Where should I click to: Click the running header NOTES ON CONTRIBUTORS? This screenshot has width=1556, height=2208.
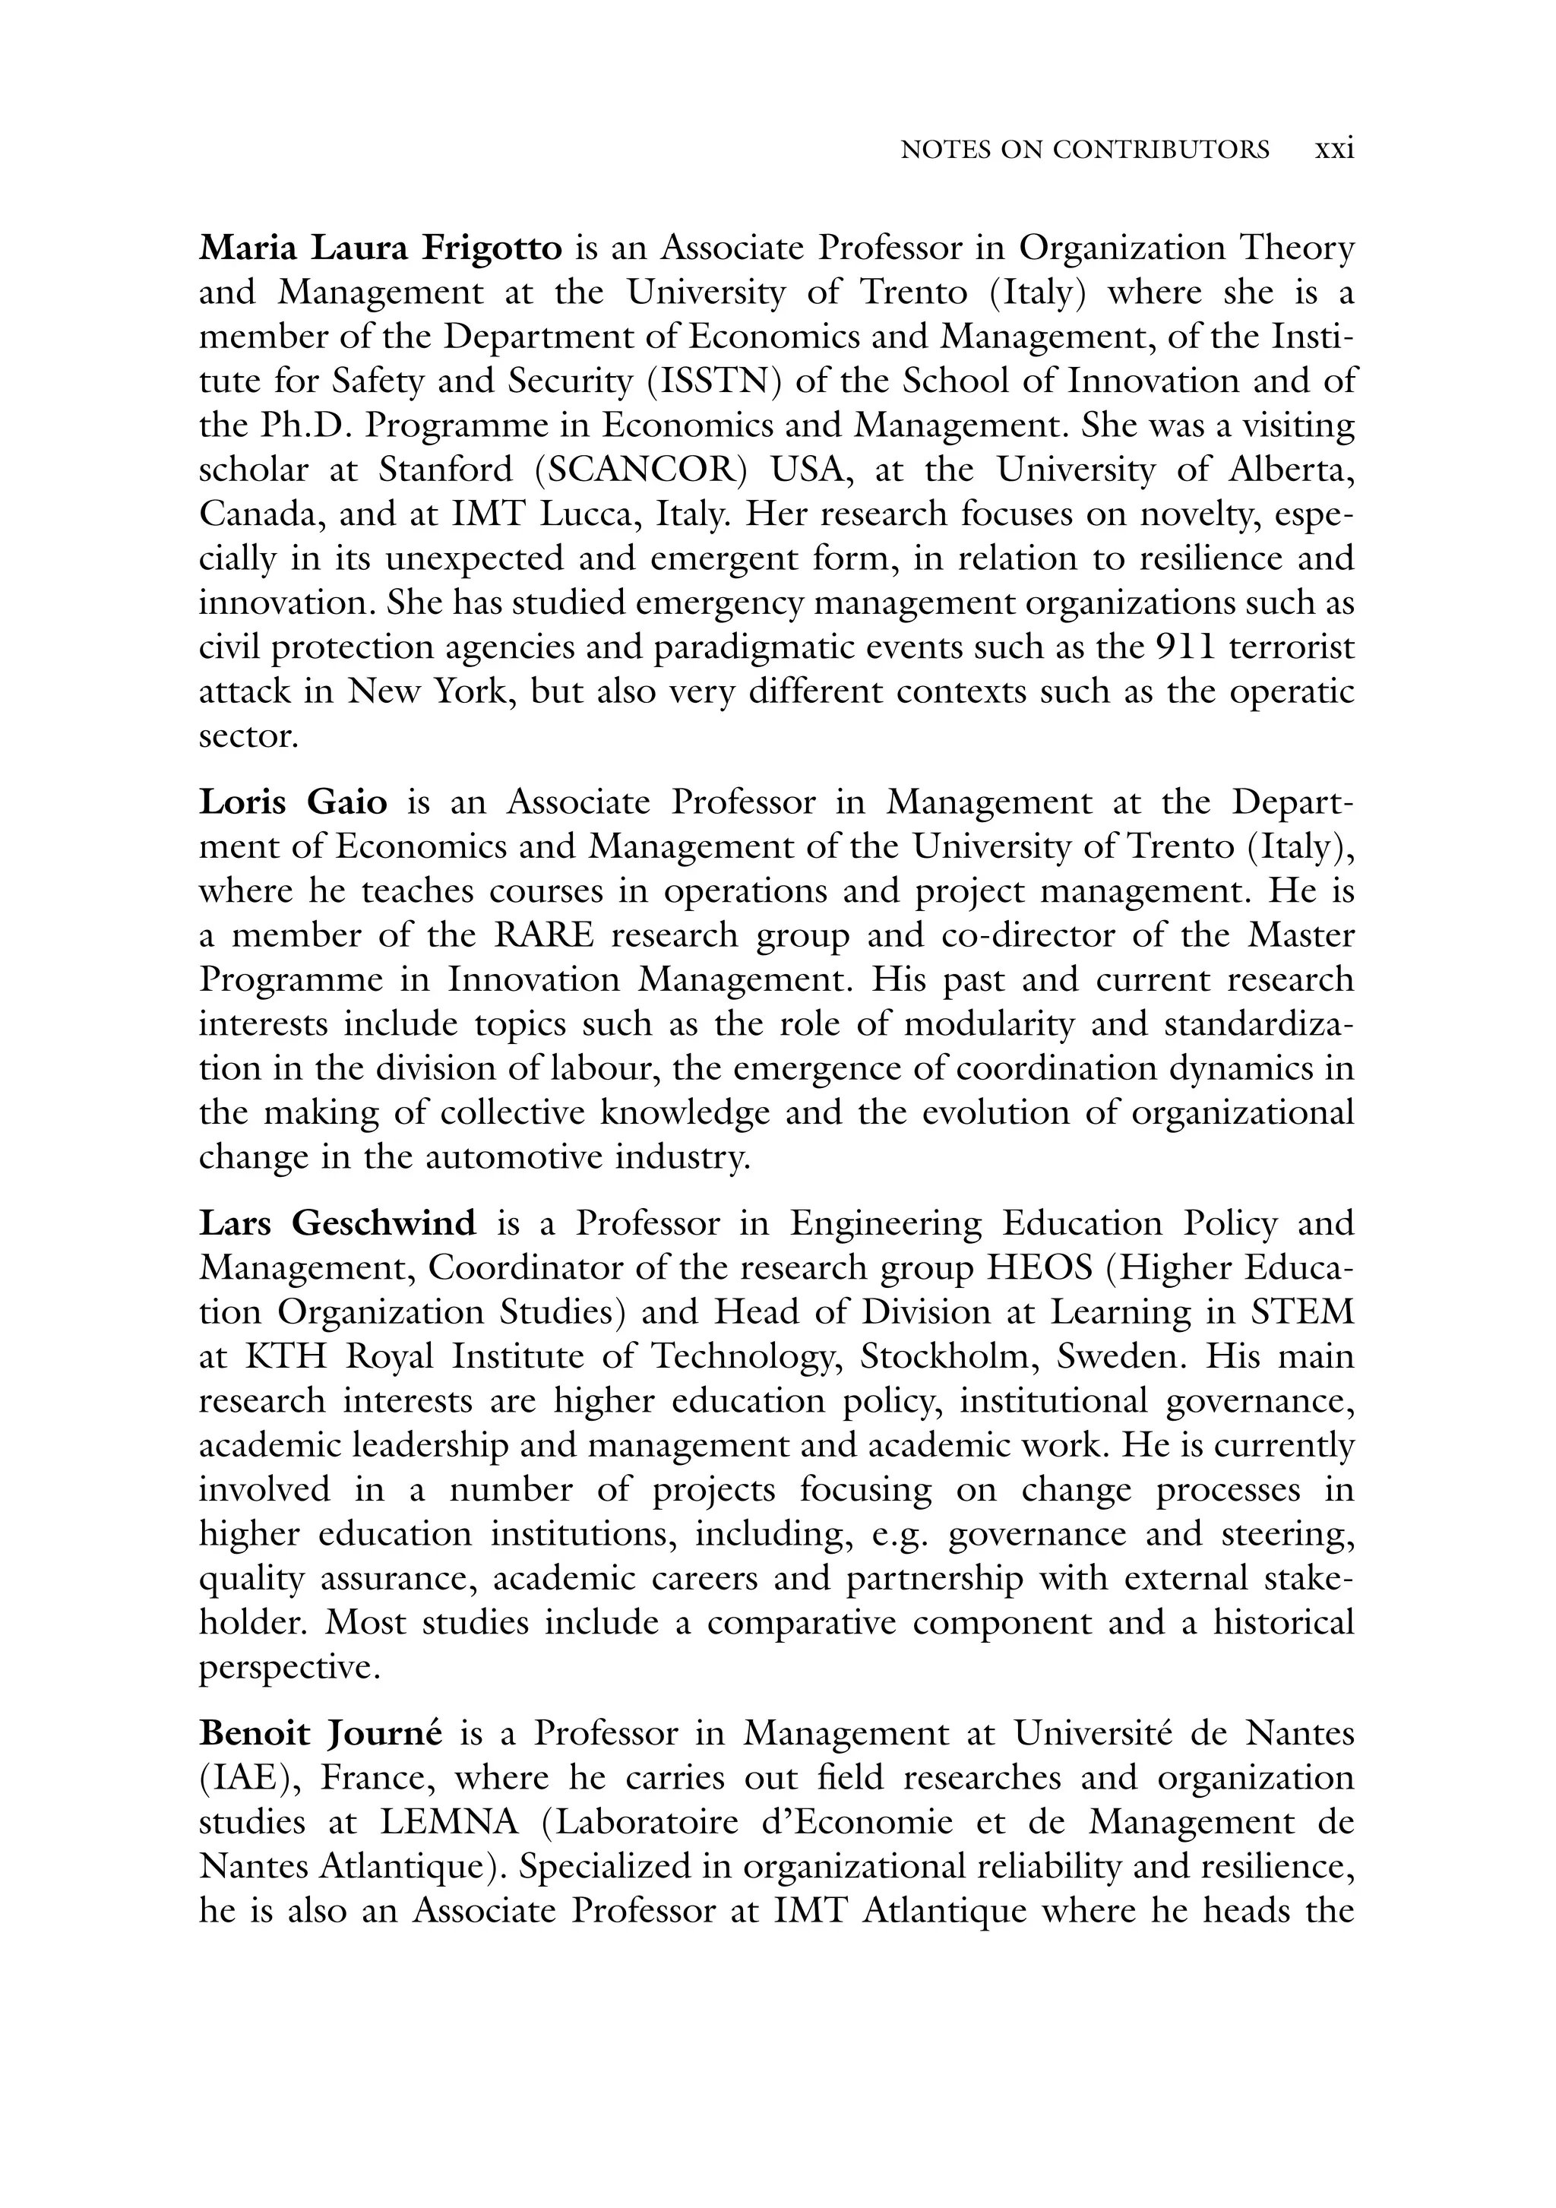1084,150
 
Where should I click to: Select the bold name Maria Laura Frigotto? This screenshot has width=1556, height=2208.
380,248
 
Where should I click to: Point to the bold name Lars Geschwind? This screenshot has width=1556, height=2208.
337,1223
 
